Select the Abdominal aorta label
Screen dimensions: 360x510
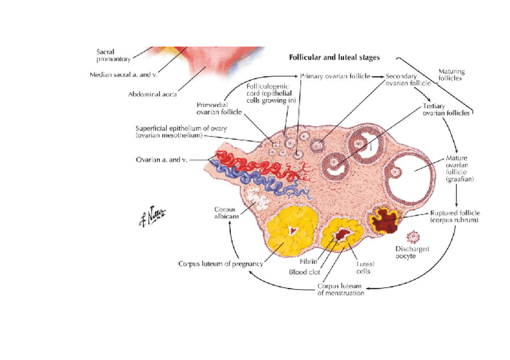tap(152, 94)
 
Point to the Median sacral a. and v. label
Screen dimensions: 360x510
tap(123, 75)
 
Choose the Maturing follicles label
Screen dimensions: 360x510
tap(450, 75)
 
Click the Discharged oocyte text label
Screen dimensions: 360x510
tap(412, 252)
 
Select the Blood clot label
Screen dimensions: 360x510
tap(305, 272)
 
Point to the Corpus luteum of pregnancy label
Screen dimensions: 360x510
tap(221, 263)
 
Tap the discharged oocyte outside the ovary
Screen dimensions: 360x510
tap(412, 236)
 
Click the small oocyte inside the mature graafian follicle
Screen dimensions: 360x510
tap(396, 171)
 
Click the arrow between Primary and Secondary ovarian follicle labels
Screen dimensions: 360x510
tap(377, 77)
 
